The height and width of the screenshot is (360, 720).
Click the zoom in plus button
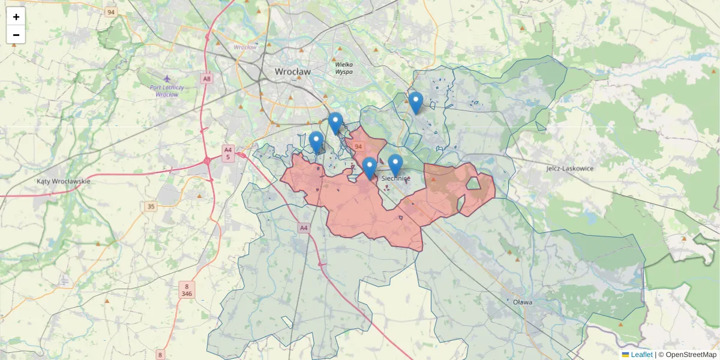pyautogui.click(x=16, y=17)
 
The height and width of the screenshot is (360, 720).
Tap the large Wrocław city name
pyautogui.click(x=293, y=71)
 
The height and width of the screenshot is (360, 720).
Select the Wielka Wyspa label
pyautogui.click(x=344, y=68)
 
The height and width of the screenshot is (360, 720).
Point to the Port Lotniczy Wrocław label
pyautogui.click(x=167, y=91)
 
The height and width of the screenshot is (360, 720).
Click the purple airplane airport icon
pyautogui.click(x=167, y=79)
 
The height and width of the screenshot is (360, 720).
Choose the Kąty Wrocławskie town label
pyautogui.click(x=63, y=181)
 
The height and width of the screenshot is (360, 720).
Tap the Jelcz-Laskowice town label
pyautogui.click(x=569, y=169)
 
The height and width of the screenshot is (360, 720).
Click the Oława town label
pyautogui.click(x=523, y=302)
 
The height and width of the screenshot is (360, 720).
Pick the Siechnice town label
pyautogui.click(x=396, y=179)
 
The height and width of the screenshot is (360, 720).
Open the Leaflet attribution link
pyautogui.click(x=641, y=355)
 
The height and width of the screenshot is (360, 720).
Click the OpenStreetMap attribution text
pyautogui.click(x=691, y=355)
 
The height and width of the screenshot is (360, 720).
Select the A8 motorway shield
pyautogui.click(x=207, y=79)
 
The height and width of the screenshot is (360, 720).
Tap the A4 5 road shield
pyautogui.click(x=227, y=153)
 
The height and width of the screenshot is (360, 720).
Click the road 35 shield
pyautogui.click(x=151, y=206)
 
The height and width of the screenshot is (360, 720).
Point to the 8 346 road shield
pyautogui.click(x=187, y=290)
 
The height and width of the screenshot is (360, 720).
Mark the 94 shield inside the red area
pyautogui.click(x=358, y=146)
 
